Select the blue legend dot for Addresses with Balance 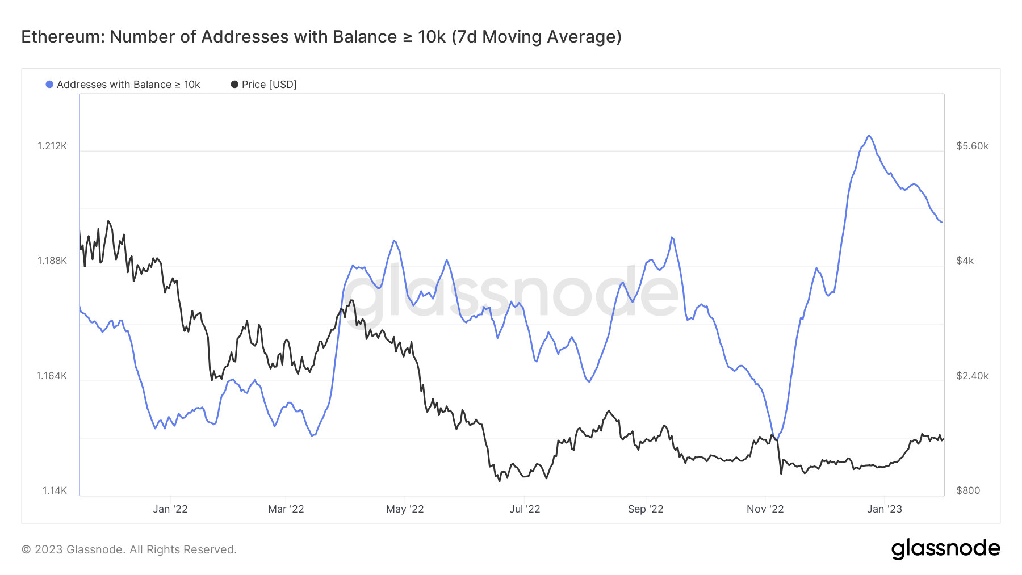49,85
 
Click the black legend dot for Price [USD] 234,85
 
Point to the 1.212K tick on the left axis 52,146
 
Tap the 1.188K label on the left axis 52,261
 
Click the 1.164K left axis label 52,376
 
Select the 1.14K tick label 55,490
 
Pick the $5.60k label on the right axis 972,146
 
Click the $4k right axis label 965,261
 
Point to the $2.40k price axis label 972,376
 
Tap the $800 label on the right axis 968,490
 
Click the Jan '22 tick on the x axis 170,509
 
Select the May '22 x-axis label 405,509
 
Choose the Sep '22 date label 646,509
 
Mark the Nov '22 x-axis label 765,509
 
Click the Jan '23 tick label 884,509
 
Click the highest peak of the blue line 869,136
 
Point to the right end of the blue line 941,222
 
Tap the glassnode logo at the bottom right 945,549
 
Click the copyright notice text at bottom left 129,549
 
